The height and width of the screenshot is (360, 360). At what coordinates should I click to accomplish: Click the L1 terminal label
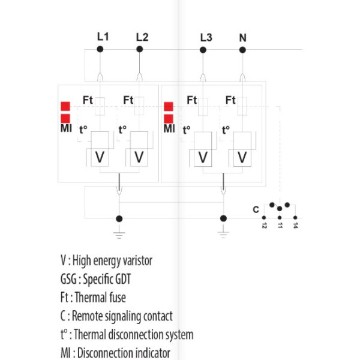pos(103,37)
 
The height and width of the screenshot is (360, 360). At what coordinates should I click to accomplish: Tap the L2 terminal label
pos(142,37)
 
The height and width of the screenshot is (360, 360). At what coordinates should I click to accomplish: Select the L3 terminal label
pos(205,37)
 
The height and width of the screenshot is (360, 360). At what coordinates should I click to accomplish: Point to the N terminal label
pos(242,37)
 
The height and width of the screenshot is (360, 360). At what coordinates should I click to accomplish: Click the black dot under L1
pos(101,49)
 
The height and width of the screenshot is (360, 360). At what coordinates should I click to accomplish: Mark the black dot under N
pos(242,49)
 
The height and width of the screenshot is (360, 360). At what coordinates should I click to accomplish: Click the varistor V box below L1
pos(100,157)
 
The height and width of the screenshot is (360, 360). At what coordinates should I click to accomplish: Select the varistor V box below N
pos(242,157)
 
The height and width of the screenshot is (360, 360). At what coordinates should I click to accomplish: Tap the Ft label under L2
pos(128,100)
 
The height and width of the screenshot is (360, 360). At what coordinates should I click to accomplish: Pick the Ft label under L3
pos(191,100)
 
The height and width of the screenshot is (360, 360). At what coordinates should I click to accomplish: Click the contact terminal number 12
pos(264,226)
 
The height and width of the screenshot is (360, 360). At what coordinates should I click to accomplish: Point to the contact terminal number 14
pos(295,226)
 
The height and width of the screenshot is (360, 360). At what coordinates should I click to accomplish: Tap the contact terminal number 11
pos(280,226)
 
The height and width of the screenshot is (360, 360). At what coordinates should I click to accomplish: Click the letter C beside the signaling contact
pos(256,209)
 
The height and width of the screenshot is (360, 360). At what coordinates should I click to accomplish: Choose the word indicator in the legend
pos(149,353)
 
